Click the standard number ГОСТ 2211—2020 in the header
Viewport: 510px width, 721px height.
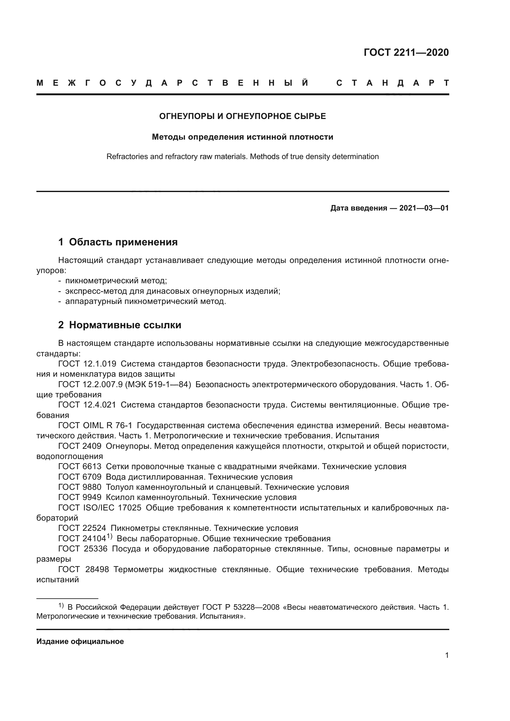[406, 52]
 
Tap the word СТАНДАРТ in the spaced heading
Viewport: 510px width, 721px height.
[392, 83]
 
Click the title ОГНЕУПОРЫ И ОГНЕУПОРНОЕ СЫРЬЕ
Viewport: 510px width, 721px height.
[242, 117]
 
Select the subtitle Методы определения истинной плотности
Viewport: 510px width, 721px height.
[242, 137]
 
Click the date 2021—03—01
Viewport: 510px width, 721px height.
[424, 208]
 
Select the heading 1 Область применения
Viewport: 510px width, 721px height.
[118, 242]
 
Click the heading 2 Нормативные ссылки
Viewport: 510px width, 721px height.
[120, 325]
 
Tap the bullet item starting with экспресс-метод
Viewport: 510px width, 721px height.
[172, 291]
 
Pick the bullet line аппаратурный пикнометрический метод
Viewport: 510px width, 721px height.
[146, 301]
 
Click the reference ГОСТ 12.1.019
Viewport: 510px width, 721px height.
[87, 364]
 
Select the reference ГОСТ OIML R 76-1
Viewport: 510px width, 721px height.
[95, 426]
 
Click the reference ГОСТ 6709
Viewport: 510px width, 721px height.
[80, 477]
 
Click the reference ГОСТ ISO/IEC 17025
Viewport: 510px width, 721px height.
[100, 508]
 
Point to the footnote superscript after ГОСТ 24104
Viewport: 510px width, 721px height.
[109, 536]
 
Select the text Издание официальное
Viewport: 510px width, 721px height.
[80, 641]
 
